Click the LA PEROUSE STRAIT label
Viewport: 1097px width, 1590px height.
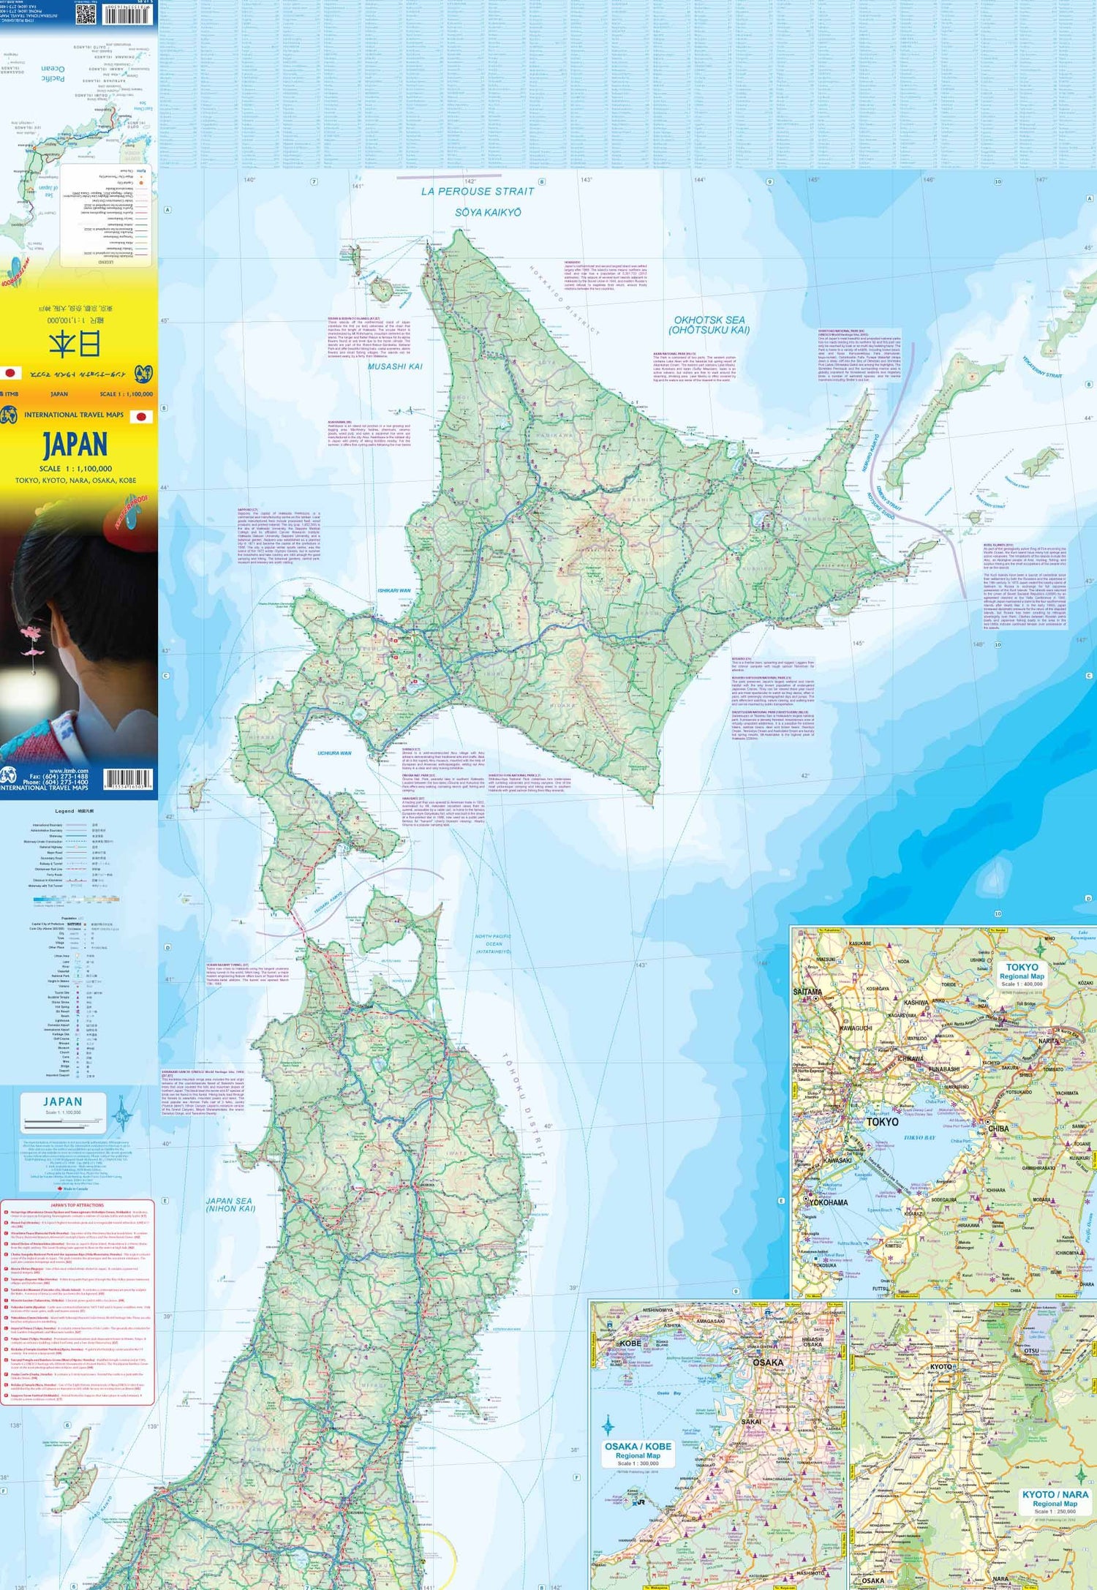tap(478, 192)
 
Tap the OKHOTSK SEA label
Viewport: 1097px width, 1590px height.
tap(709, 325)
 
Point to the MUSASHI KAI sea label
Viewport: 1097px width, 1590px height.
tap(395, 366)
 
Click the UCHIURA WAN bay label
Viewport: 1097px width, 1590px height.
tap(334, 753)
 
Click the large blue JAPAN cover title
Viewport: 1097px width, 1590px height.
tap(75, 444)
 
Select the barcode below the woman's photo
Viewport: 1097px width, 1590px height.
tap(127, 779)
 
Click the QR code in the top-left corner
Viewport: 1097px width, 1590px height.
tap(86, 12)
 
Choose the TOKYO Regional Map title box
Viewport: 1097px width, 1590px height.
tap(1022, 975)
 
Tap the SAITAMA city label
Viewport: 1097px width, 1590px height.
tap(807, 992)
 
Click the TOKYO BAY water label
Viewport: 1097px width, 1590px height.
tap(919, 1138)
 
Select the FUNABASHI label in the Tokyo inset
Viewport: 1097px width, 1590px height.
tap(943, 1069)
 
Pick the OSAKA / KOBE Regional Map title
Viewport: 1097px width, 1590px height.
tap(638, 1450)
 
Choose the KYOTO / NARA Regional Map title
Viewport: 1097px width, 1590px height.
tap(1055, 1498)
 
